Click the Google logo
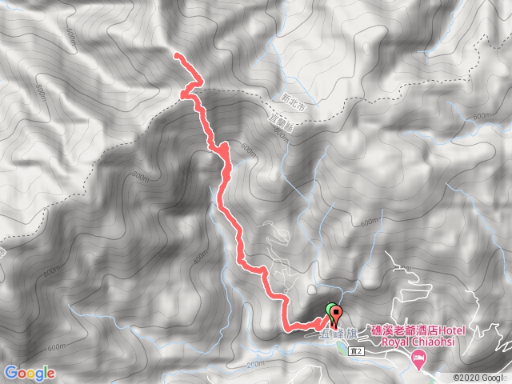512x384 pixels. click(x=29, y=373)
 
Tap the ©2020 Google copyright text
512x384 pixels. click(x=480, y=378)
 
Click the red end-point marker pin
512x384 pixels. click(x=336, y=314)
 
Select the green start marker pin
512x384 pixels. click(x=331, y=310)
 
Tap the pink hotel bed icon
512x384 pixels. click(x=417, y=362)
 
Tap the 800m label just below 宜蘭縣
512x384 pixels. click(x=278, y=137)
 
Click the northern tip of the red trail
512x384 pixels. click(x=176, y=54)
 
